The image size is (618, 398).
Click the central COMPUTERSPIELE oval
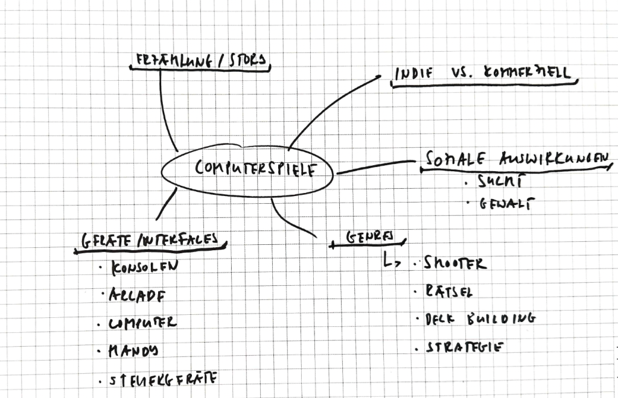point(247,169)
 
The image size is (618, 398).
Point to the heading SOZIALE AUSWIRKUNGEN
point(517,159)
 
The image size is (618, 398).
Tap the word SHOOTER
point(454,264)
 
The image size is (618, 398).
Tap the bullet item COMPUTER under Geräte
point(142,323)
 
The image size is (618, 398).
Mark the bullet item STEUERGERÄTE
point(163,380)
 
